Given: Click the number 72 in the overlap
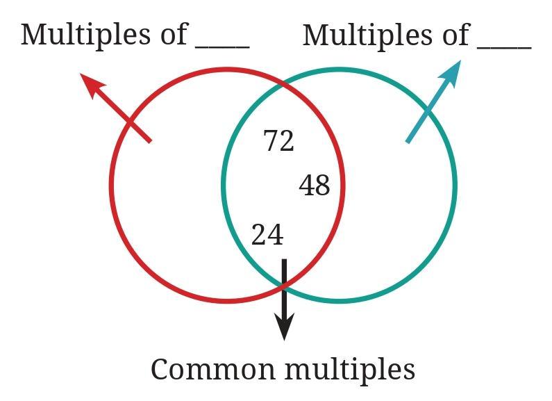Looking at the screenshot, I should click(x=279, y=141).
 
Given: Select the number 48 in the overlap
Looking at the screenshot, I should click(x=315, y=186).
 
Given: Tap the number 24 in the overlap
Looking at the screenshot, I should click(x=267, y=235).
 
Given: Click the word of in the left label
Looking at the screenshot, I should click(x=167, y=34).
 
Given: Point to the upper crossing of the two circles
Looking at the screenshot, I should click(x=283, y=84).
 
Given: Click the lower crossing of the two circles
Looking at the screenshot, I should click(x=283, y=285).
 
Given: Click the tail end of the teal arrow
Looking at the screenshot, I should click(x=408, y=142).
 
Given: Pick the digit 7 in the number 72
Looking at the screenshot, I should click(x=271, y=141).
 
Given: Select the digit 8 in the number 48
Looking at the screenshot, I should click(x=322, y=186).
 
